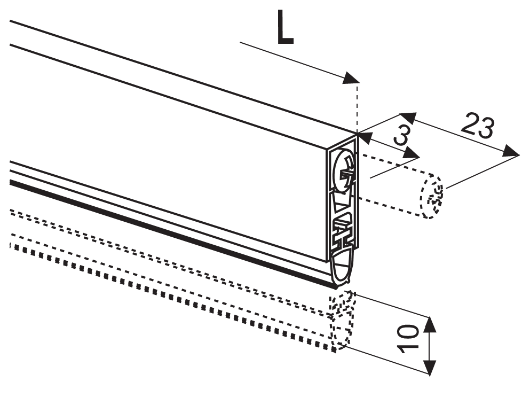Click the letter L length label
click(285, 27)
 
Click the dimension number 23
click(478, 126)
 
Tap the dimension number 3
click(403, 134)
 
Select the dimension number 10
click(408, 339)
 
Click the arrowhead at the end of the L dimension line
click(352, 79)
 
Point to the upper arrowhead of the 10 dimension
click(429, 324)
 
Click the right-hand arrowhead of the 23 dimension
click(510, 151)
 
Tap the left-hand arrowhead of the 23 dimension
click(408, 118)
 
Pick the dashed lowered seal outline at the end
click(342, 320)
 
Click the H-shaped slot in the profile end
click(343, 232)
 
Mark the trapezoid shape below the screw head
click(341, 202)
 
